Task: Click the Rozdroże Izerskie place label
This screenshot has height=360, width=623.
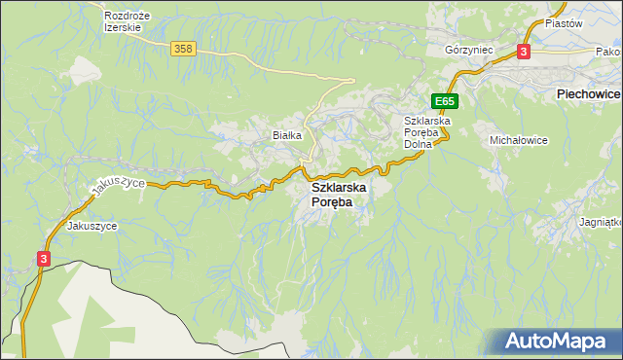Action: pos(124,21)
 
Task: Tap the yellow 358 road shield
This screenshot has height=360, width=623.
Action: pos(182,49)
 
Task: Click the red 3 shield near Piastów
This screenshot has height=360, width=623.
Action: pos(524,52)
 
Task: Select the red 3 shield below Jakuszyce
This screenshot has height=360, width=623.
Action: pos(44,258)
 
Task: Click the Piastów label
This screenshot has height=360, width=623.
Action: pos(563,22)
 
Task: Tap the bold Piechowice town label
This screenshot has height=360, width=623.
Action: pos(587,94)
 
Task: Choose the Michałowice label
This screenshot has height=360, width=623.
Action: pos(518,140)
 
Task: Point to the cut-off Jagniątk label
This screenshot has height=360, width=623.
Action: pos(601,222)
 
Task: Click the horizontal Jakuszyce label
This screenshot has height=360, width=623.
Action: pos(92,226)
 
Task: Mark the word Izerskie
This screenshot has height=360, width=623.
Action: pos(124,28)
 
